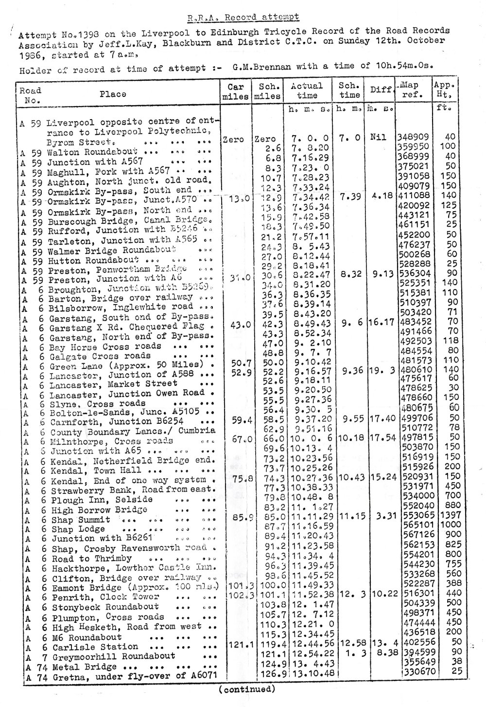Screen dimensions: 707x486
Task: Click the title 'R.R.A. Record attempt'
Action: click(x=243, y=18)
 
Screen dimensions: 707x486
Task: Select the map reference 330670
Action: click(x=414, y=674)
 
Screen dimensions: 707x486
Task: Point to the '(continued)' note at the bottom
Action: click(x=246, y=689)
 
